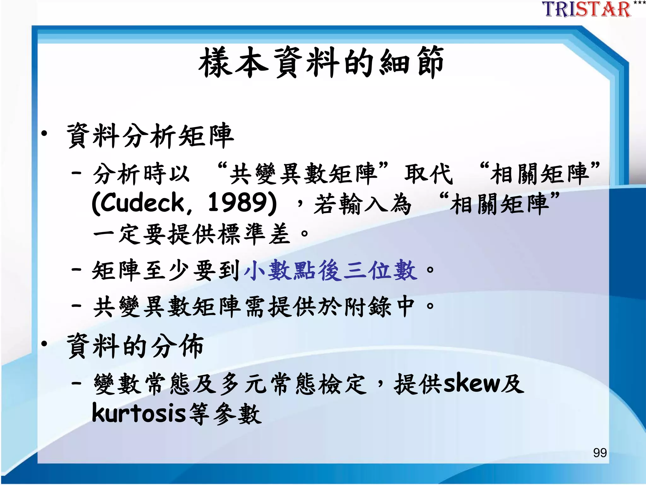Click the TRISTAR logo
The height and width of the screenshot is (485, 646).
[587, 9]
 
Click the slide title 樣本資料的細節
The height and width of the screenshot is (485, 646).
[321, 63]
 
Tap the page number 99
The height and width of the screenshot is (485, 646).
[600, 452]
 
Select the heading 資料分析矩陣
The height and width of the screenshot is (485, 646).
[150, 136]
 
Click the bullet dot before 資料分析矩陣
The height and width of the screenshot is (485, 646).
[44, 134]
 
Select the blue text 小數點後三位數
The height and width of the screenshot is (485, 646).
[331, 270]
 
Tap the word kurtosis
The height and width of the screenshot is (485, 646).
[139, 414]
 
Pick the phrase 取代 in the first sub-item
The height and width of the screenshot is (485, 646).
[428, 174]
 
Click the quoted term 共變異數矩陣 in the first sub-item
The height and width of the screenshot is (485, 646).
[303, 174]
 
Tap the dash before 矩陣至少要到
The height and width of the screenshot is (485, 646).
[77, 270]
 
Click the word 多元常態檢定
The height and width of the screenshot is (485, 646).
[293, 384]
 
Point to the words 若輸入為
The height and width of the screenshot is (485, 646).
[363, 204]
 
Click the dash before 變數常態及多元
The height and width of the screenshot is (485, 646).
[77, 383]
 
